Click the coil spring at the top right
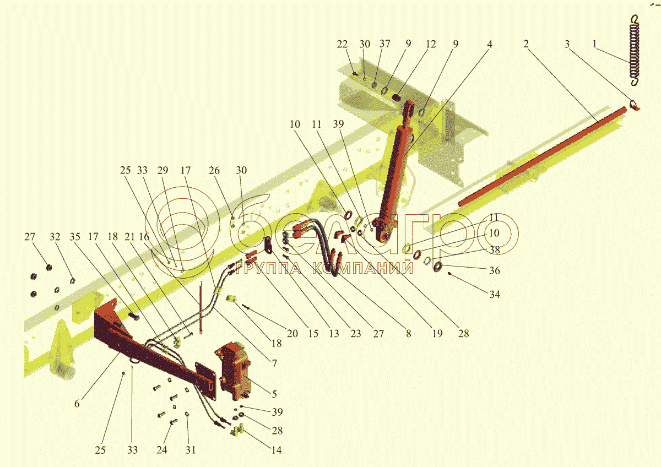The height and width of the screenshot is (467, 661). point(636,50)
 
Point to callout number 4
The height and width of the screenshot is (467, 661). point(490,45)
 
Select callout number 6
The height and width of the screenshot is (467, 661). point(77,404)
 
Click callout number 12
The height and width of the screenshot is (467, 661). point(430,45)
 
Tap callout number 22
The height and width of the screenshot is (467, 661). point(343,45)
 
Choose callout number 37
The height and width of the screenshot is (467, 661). point(385,45)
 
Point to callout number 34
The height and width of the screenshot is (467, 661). point(495,294)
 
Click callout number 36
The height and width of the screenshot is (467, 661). point(495,270)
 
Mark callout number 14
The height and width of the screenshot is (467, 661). point(277,450)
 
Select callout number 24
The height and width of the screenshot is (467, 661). point(161,450)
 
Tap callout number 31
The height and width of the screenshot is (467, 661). point(191,450)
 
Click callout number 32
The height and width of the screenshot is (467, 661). point(55,237)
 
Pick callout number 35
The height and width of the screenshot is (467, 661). point(74,237)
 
